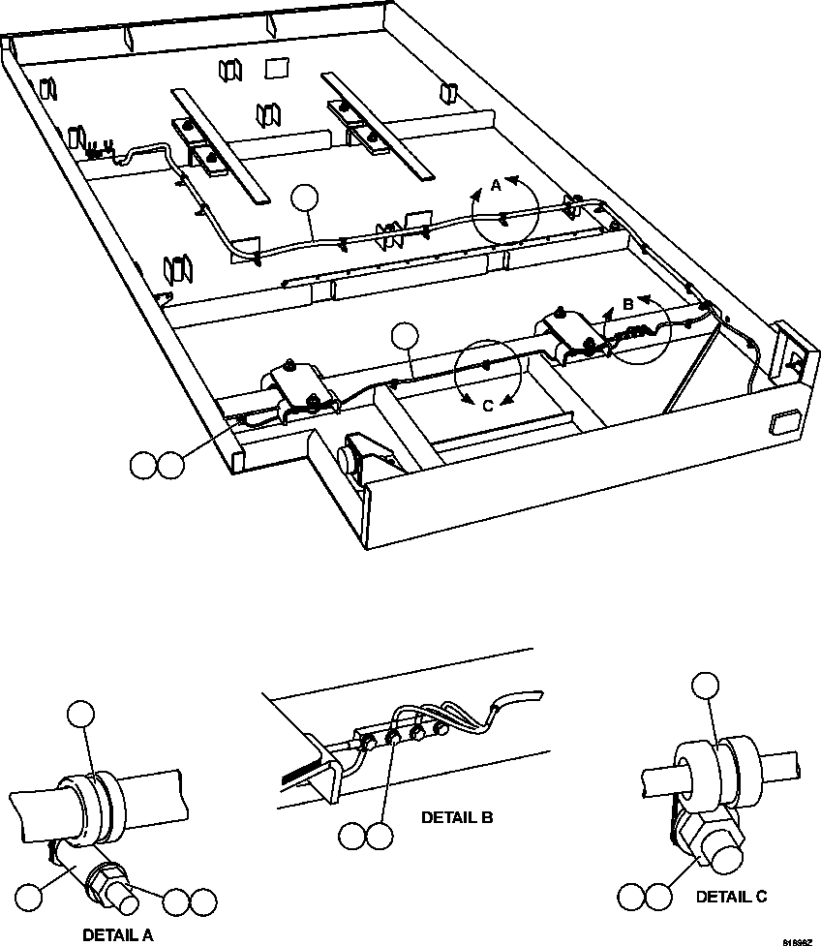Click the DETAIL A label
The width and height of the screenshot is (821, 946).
pos(117,934)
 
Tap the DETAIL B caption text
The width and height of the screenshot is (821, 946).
pos(457,817)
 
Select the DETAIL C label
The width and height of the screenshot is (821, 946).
pos(731,897)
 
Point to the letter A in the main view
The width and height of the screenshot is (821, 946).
pos(496,186)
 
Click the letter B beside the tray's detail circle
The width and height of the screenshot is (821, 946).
pos(627,304)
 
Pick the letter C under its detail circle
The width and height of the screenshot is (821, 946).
pos(488,406)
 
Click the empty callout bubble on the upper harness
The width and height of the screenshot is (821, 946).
pos(305,198)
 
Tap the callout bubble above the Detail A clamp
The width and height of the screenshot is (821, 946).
pos(81,716)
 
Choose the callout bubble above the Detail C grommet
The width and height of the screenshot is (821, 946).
pos(706,685)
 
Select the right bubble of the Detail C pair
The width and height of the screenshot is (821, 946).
pos(659,896)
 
